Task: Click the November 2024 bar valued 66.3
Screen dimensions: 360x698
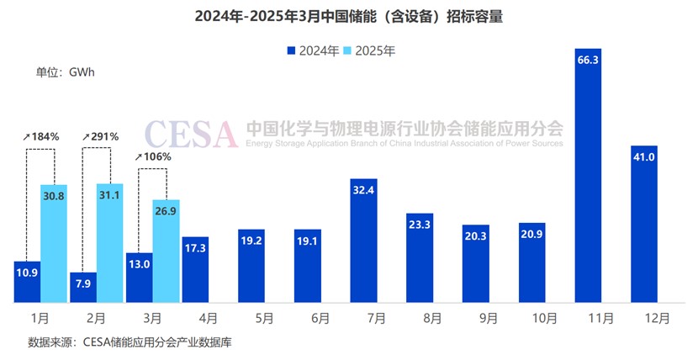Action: tap(588, 177)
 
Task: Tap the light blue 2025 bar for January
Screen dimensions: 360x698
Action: tap(54, 244)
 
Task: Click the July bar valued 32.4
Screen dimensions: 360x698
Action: tap(364, 240)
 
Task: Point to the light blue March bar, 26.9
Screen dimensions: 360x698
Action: tap(166, 251)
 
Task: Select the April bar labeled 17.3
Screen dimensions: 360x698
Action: tap(195, 269)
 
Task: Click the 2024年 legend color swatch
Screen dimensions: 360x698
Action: tap(292, 51)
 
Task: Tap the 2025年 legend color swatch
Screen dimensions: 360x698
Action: tap(349, 51)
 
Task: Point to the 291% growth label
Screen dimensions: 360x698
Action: tap(100, 137)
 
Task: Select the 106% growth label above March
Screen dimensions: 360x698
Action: tap(154, 156)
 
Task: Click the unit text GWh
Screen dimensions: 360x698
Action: tap(82, 71)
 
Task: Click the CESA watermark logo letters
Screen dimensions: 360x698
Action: tap(190, 133)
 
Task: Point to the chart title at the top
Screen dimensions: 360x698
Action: tap(348, 17)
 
